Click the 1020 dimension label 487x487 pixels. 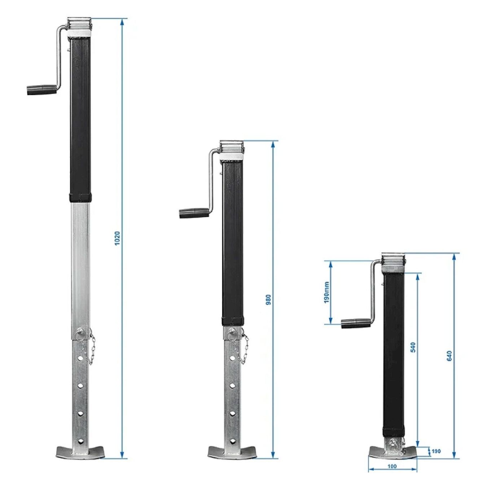tap(117, 238)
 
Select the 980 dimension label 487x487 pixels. tap(268, 299)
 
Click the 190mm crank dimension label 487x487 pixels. tap(327, 292)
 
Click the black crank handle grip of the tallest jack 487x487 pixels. tap(42, 90)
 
